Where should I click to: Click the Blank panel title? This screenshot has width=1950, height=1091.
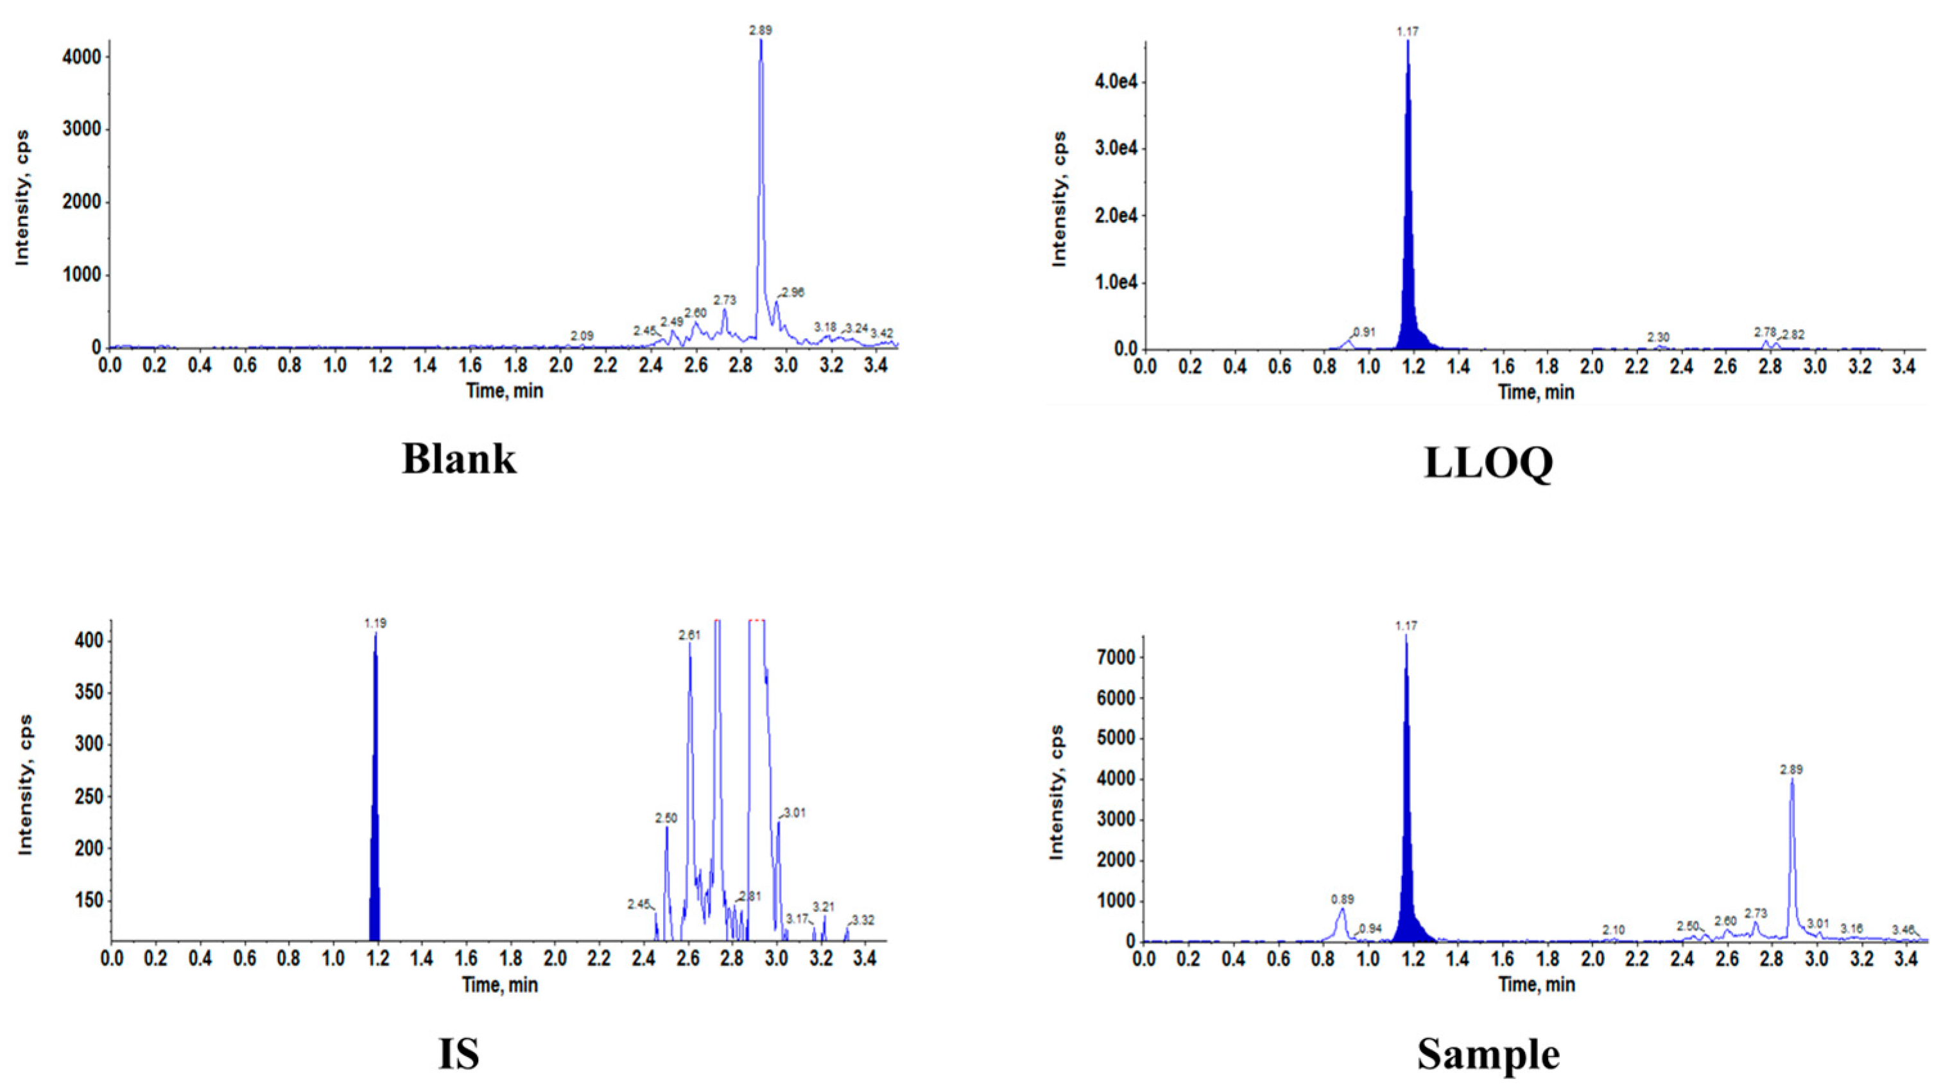click(x=459, y=459)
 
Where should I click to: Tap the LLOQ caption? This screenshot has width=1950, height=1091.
click(x=1488, y=463)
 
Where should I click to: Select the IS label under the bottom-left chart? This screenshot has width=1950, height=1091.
click(x=459, y=1053)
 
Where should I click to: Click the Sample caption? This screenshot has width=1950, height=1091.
click(x=1488, y=1053)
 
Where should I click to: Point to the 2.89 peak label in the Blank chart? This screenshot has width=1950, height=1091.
click(x=761, y=30)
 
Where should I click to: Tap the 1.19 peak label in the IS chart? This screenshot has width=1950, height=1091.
click(x=375, y=623)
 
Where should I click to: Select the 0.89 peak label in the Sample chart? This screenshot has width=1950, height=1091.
click(x=1342, y=900)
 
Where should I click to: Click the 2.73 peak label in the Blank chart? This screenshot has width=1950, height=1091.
click(x=725, y=300)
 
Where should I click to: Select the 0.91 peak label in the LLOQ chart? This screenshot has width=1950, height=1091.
click(x=1363, y=332)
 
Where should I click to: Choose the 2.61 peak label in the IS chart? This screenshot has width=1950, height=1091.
click(x=689, y=636)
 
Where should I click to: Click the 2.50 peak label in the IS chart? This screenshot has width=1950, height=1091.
click(x=666, y=818)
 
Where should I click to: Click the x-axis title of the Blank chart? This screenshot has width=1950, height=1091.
click(x=504, y=391)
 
